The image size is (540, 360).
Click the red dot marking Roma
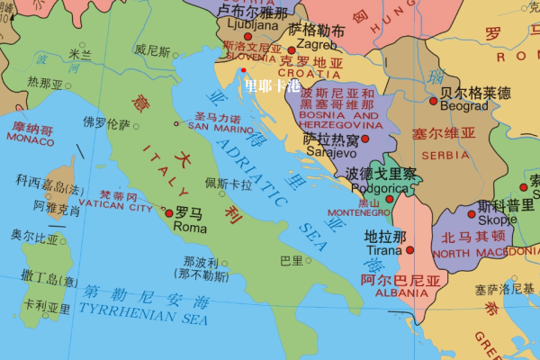(168, 213)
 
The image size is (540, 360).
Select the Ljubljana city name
(244, 26)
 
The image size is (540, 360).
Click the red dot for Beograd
(433, 101)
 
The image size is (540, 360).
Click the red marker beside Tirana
(409, 250)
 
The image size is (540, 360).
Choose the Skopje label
(498, 220)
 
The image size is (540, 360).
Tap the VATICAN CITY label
(116, 207)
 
